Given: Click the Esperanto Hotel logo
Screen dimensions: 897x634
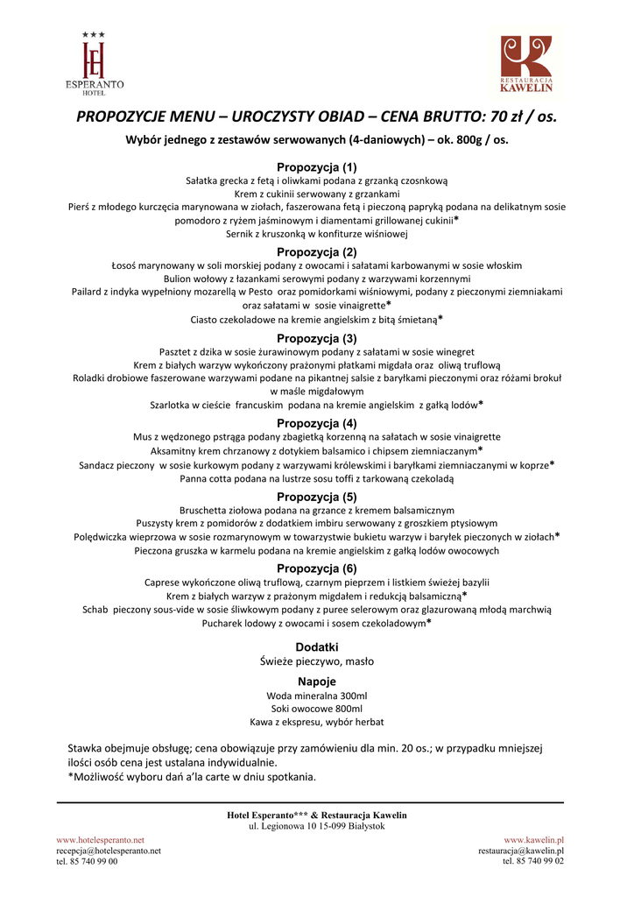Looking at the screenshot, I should (94, 63).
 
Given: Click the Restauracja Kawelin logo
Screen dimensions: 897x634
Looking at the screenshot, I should (526, 64).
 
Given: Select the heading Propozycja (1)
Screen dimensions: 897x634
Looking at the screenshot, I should (317, 166).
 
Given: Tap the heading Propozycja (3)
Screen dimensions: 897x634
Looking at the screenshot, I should (317, 338).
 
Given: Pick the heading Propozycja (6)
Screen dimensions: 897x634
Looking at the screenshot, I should (317, 569).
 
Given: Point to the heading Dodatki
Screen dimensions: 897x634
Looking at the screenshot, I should (317, 646).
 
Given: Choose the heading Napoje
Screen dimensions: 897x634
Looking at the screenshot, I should (317, 682).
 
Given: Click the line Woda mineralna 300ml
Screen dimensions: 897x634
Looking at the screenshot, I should (317, 696).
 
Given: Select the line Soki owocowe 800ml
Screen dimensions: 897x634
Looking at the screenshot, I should (317, 709).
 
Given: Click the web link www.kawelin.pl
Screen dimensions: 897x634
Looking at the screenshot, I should (533, 839).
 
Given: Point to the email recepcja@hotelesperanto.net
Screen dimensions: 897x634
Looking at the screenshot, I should (109, 850).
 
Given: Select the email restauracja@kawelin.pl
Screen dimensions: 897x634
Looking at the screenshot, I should (520, 850).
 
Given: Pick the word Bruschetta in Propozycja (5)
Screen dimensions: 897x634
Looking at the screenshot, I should (206, 510).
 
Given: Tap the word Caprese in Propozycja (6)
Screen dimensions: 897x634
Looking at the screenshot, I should (163, 583).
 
